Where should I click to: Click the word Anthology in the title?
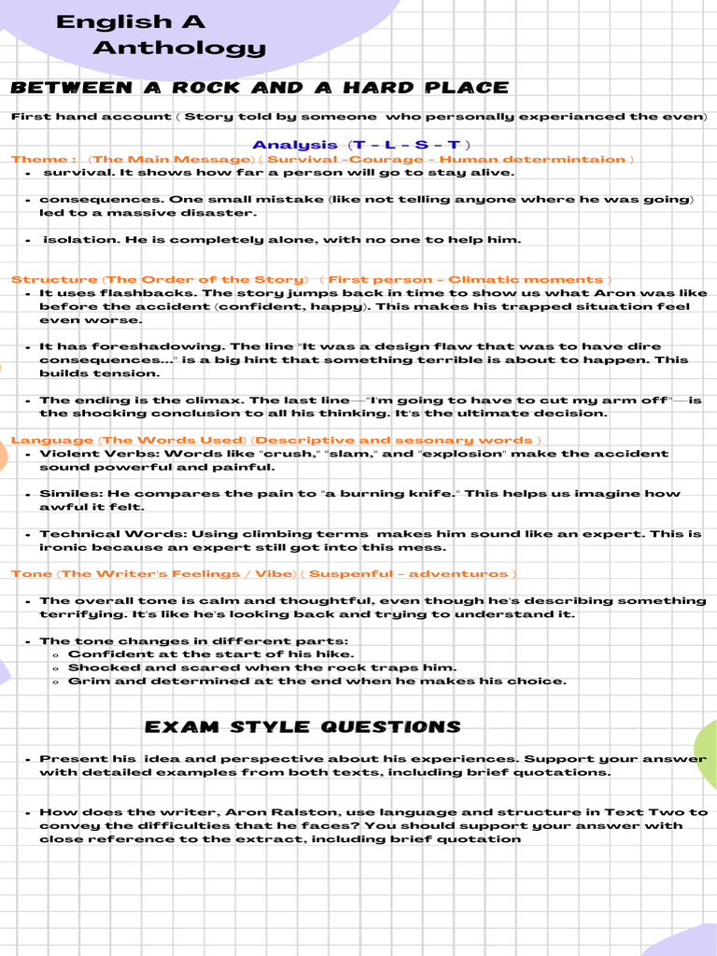click(179, 48)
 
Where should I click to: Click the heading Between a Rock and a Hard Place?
click(260, 88)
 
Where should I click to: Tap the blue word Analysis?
click(294, 145)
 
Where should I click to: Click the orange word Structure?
click(53, 280)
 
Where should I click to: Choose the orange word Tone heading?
click(32, 574)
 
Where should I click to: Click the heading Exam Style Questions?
click(302, 727)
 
